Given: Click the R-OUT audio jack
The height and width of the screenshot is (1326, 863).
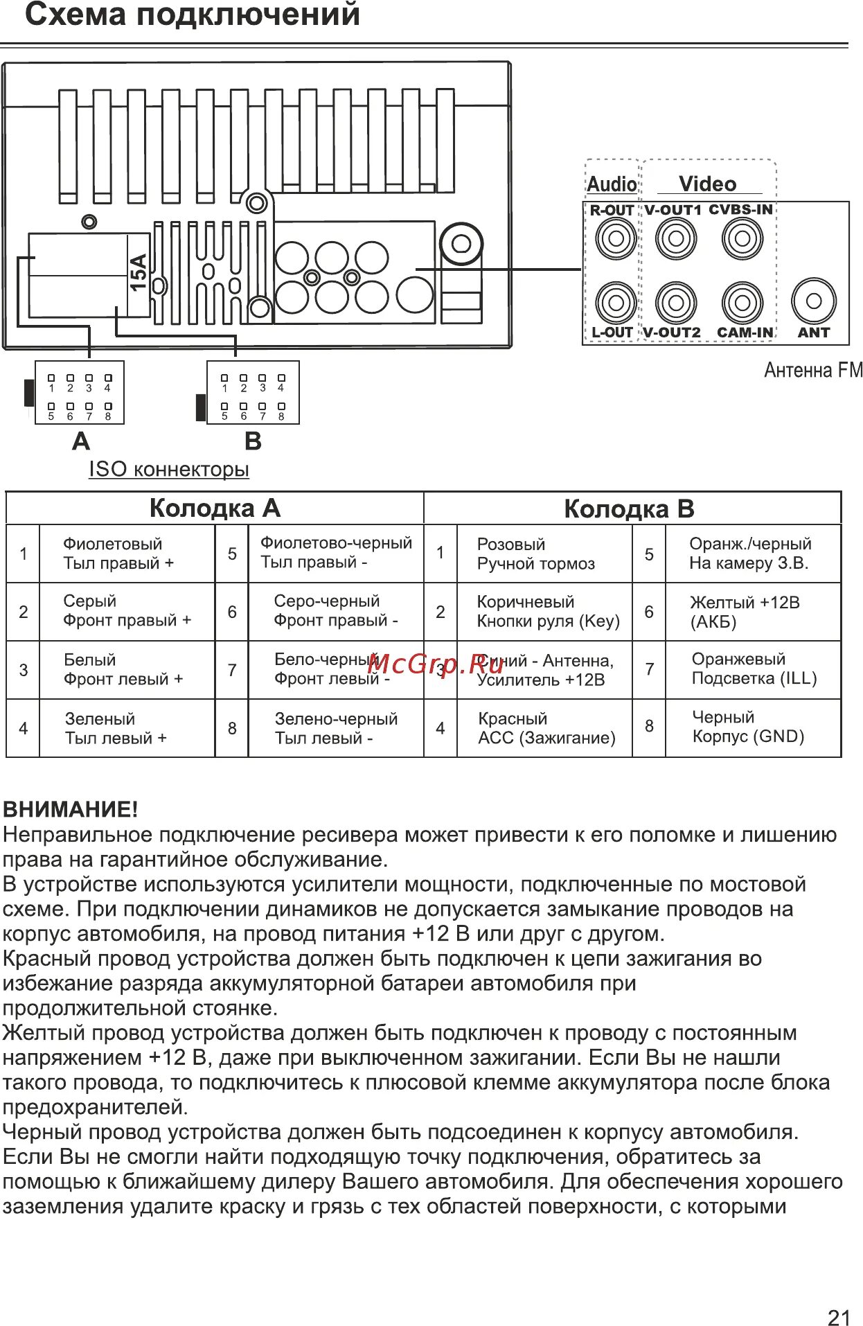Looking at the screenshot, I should pyautogui.click(x=615, y=239).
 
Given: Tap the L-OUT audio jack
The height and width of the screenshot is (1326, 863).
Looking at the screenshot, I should pyautogui.click(x=615, y=302).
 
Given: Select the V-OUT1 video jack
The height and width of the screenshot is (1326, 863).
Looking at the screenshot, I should pyautogui.click(x=675, y=239).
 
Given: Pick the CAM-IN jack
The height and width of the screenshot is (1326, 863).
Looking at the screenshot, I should pyautogui.click(x=742, y=302).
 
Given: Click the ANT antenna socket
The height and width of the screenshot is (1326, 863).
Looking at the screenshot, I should pyautogui.click(x=814, y=301).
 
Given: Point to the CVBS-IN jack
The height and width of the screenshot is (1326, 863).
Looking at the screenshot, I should pyautogui.click(x=742, y=239).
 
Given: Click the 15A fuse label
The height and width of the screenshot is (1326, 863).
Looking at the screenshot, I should pyautogui.click(x=139, y=272).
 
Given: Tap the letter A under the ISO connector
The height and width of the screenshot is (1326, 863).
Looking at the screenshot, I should pyautogui.click(x=81, y=441).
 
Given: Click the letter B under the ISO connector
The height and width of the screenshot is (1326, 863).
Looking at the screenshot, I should pyautogui.click(x=253, y=441).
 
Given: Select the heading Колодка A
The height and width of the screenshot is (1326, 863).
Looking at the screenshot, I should pyautogui.click(x=215, y=509).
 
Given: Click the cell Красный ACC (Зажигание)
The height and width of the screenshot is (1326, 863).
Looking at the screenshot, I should pyautogui.click(x=546, y=728).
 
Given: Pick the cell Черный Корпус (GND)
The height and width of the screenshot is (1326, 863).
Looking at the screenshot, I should pyautogui.click(x=748, y=727).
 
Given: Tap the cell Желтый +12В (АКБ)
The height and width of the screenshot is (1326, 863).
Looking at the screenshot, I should pyautogui.click(x=745, y=612).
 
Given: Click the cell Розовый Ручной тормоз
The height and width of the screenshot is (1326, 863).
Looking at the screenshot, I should pyautogui.click(x=535, y=554).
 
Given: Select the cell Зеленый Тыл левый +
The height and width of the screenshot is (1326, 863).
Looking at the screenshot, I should pyautogui.click(x=116, y=728).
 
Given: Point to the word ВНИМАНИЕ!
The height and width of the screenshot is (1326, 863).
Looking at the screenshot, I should pyautogui.click(x=71, y=809).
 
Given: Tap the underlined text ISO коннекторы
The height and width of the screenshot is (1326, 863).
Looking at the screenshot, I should pyautogui.click(x=169, y=469).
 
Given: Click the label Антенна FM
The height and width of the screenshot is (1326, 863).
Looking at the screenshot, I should pyautogui.click(x=813, y=371).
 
